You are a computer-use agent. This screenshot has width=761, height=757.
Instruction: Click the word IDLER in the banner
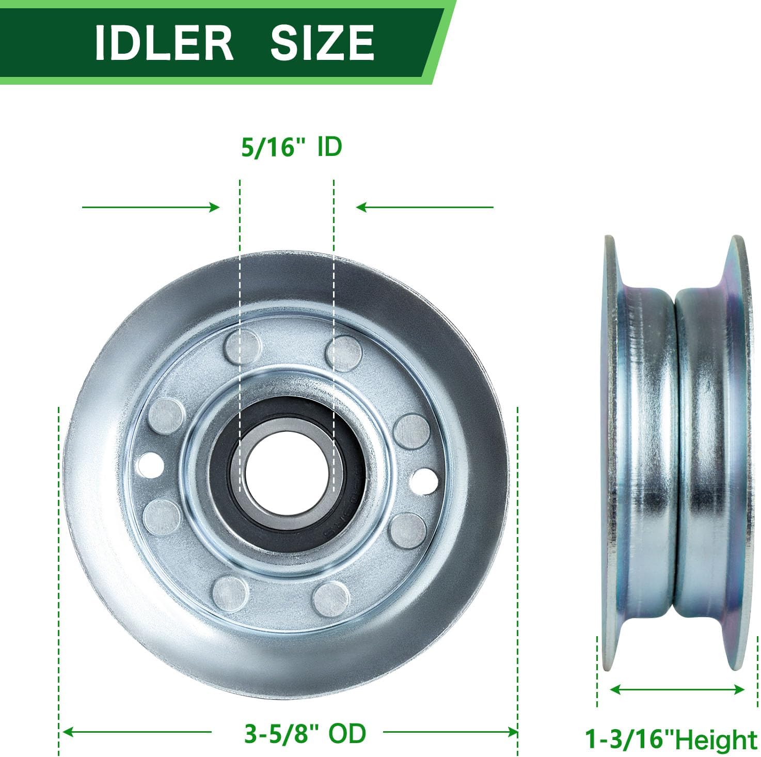pyautogui.click(x=164, y=43)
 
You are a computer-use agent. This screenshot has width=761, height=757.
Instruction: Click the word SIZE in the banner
pyautogui.click(x=322, y=43)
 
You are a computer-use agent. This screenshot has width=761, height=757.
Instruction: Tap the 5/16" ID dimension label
pyautogui.click(x=292, y=147)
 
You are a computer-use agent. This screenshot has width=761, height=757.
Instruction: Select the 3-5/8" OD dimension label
pyautogui.click(x=305, y=733)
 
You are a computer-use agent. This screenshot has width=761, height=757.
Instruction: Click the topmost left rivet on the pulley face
pyautogui.click(x=242, y=346)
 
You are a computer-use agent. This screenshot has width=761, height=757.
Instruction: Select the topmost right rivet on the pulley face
pyautogui.click(x=343, y=352)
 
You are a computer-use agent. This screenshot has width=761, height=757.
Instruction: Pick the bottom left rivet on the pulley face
pyautogui.click(x=230, y=594)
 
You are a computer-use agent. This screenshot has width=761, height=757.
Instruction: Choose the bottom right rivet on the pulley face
pyautogui.click(x=331, y=599)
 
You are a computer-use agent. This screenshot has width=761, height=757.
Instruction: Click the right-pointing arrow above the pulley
pyautogui.click(x=151, y=208)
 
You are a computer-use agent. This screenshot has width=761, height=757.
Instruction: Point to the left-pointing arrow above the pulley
pyautogui.click(x=424, y=208)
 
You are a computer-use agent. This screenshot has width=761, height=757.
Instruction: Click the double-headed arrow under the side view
pyautogui.click(x=677, y=689)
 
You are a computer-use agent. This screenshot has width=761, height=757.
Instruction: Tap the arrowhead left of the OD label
pyautogui.click(x=67, y=732)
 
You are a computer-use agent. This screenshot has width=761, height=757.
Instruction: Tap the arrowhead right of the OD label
pyautogui.click(x=512, y=732)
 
